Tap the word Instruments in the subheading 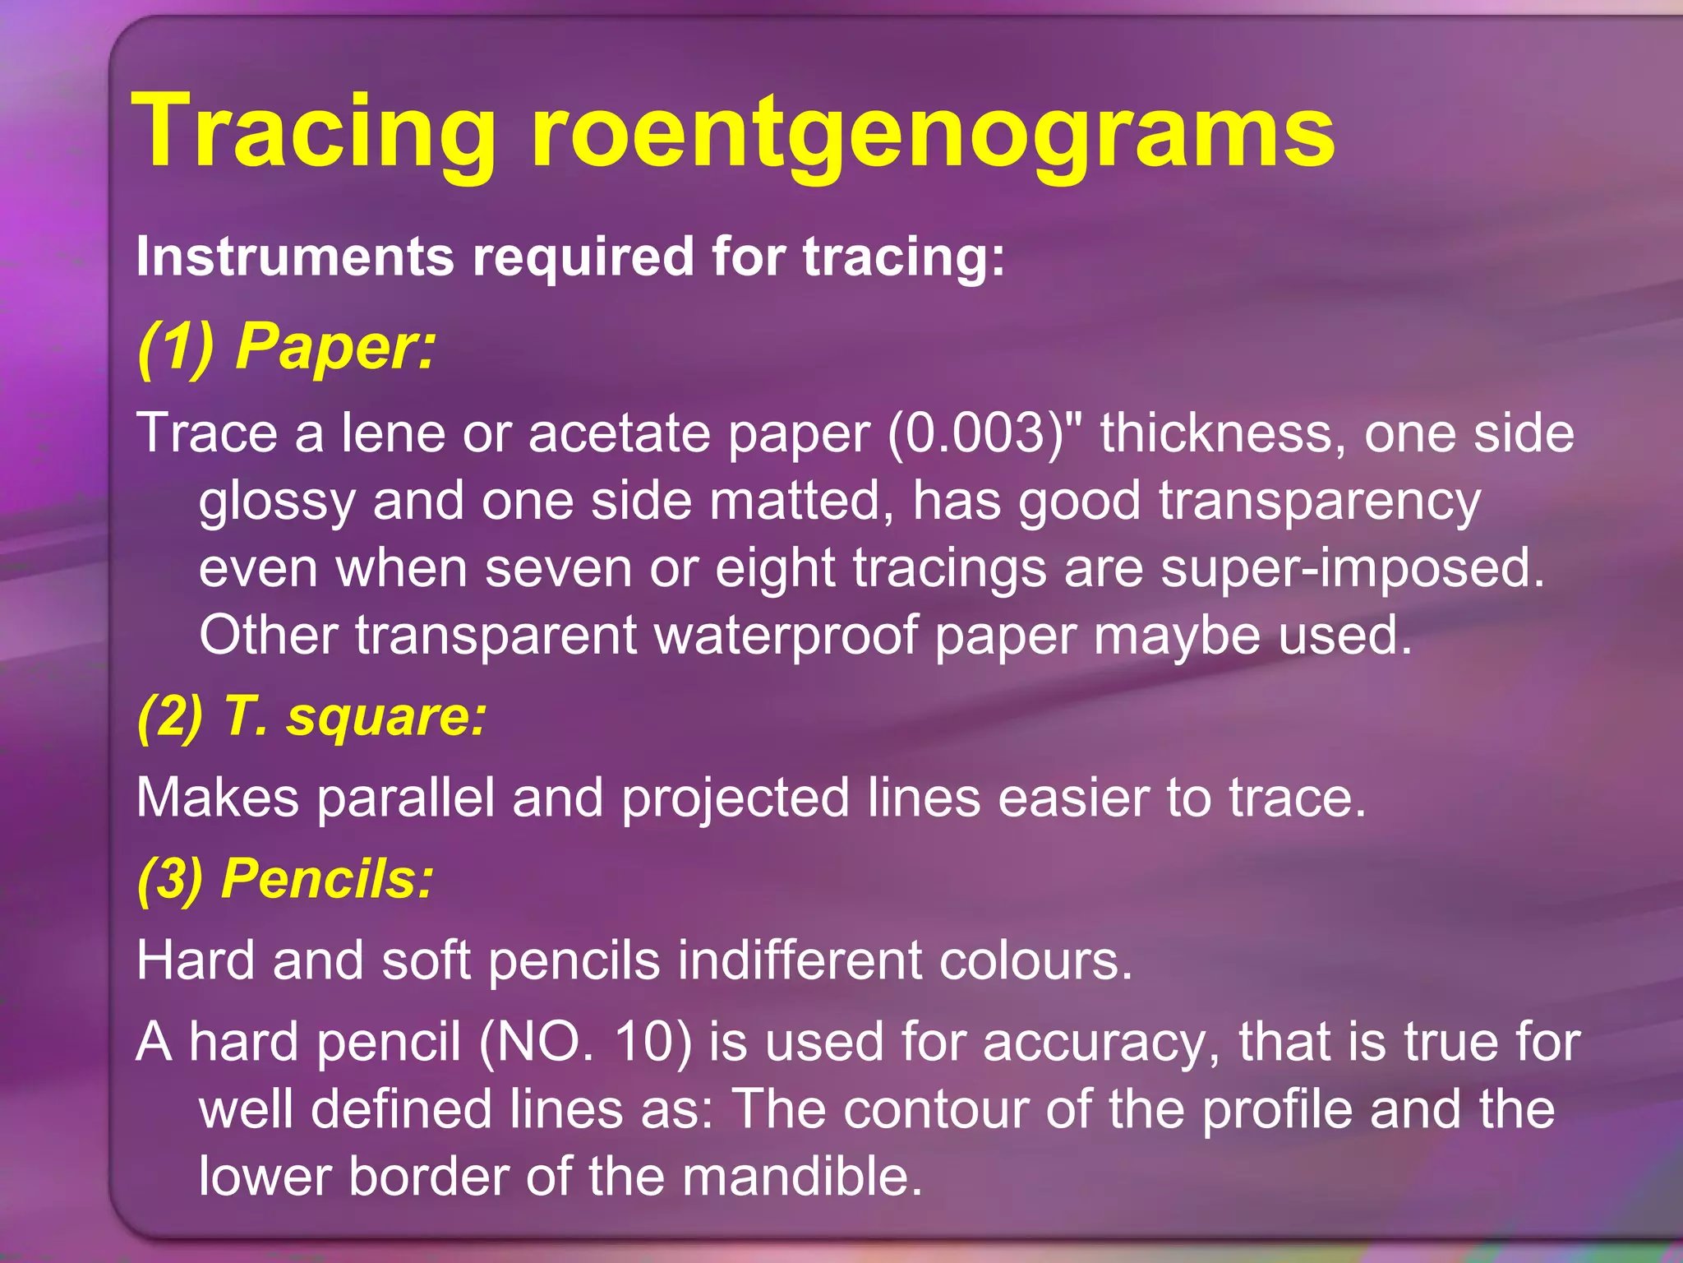294,257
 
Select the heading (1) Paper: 287,347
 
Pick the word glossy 277,502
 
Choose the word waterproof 786,636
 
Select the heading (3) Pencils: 285,879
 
